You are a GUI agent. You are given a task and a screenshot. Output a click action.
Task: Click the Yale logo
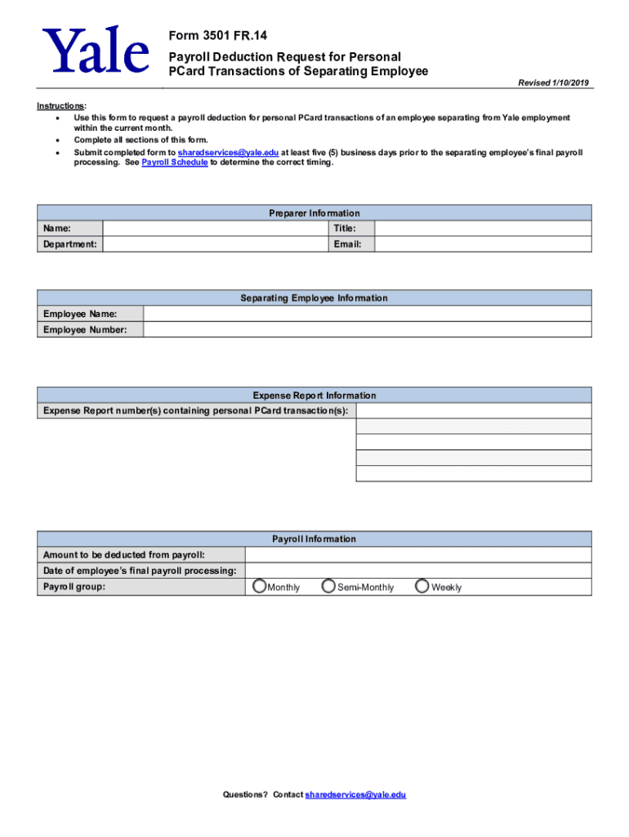(97, 51)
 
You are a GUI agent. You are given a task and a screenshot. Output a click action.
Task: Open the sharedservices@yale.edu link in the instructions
(228, 152)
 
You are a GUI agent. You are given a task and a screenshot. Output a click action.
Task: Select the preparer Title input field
(482, 229)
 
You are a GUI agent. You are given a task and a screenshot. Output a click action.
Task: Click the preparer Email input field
(482, 244)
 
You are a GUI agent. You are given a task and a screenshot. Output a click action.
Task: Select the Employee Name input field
(367, 314)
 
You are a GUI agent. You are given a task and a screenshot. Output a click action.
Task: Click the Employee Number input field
(367, 329)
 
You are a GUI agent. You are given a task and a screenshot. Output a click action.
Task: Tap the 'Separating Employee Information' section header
(314, 298)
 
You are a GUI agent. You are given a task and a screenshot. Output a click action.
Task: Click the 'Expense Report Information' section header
(314, 396)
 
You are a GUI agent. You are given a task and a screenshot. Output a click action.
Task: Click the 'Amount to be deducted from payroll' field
(417, 555)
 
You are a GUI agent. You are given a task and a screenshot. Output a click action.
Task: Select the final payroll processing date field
(417, 571)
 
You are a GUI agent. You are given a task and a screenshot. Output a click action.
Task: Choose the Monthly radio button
(259, 586)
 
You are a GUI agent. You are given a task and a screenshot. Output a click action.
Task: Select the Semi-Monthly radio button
(328, 586)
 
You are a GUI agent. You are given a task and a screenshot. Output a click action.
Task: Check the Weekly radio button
(422, 586)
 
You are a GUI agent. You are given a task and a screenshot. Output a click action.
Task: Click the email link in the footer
(355, 794)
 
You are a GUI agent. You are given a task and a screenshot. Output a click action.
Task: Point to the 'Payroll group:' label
(74, 587)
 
